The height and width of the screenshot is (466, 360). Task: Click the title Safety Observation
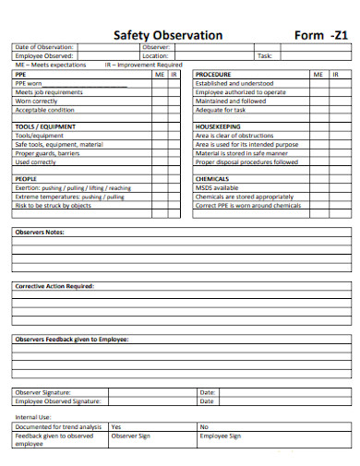click(167, 35)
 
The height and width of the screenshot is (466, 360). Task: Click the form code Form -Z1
click(320, 35)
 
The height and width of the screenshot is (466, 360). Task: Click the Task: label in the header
click(265, 56)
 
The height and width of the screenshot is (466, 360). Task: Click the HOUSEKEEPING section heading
click(218, 126)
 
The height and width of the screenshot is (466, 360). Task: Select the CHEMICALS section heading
click(212, 179)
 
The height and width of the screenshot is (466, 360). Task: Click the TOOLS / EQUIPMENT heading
click(45, 126)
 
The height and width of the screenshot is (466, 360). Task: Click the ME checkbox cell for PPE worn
click(160, 83)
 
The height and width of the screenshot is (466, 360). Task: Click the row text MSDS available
click(218, 188)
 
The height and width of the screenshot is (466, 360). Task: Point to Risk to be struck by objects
click(53, 206)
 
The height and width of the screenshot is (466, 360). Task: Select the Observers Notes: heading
click(39, 232)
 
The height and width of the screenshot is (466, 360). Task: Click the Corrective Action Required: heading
click(54, 286)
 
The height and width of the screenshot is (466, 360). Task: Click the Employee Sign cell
click(221, 436)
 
